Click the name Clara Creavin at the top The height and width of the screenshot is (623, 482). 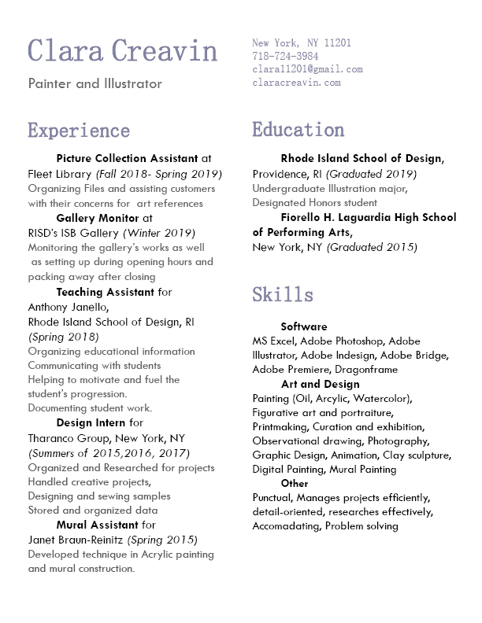tap(122, 51)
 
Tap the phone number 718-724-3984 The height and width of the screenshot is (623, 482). tap(285, 56)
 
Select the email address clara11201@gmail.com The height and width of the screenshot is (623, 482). tap(307, 69)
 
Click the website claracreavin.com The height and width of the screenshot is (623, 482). tap(296, 82)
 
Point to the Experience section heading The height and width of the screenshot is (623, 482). tap(79, 130)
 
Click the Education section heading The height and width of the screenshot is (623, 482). tap(298, 129)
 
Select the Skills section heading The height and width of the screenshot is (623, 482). tap(283, 295)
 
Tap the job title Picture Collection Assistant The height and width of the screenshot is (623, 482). tap(128, 158)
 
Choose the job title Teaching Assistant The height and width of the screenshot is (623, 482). tap(106, 292)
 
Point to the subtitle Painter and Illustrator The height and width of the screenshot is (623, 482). tap(95, 83)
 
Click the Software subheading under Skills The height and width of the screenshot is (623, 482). tap(304, 326)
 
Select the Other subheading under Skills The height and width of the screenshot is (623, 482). tap(295, 483)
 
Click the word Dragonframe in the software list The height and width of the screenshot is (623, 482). tap(366, 369)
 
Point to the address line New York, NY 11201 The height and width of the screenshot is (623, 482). tap(302, 43)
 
